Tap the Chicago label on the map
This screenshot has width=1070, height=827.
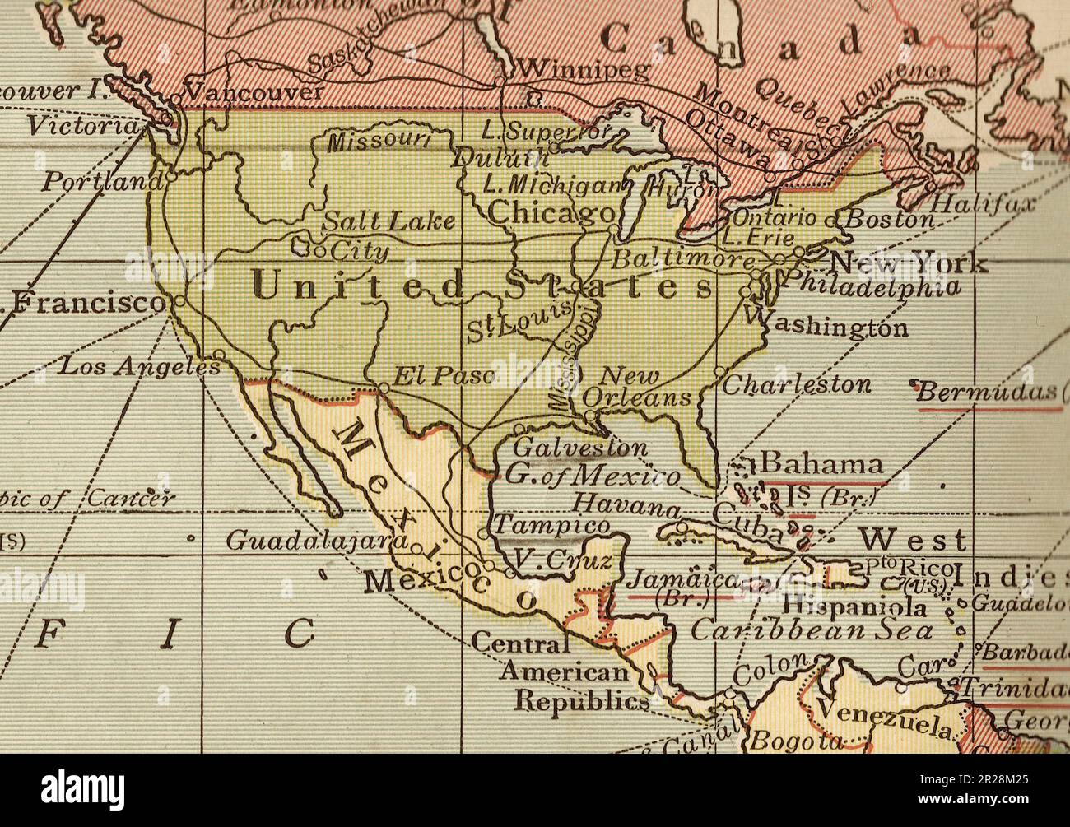click(550, 212)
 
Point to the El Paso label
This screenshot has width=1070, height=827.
click(443, 376)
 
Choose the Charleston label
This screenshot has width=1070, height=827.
click(796, 384)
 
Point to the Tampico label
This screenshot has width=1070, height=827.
click(552, 525)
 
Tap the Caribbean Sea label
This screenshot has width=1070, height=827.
click(812, 631)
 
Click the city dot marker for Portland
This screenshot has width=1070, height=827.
click(170, 175)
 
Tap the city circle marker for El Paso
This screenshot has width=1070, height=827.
click(384, 387)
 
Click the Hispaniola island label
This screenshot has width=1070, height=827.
click(854, 607)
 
